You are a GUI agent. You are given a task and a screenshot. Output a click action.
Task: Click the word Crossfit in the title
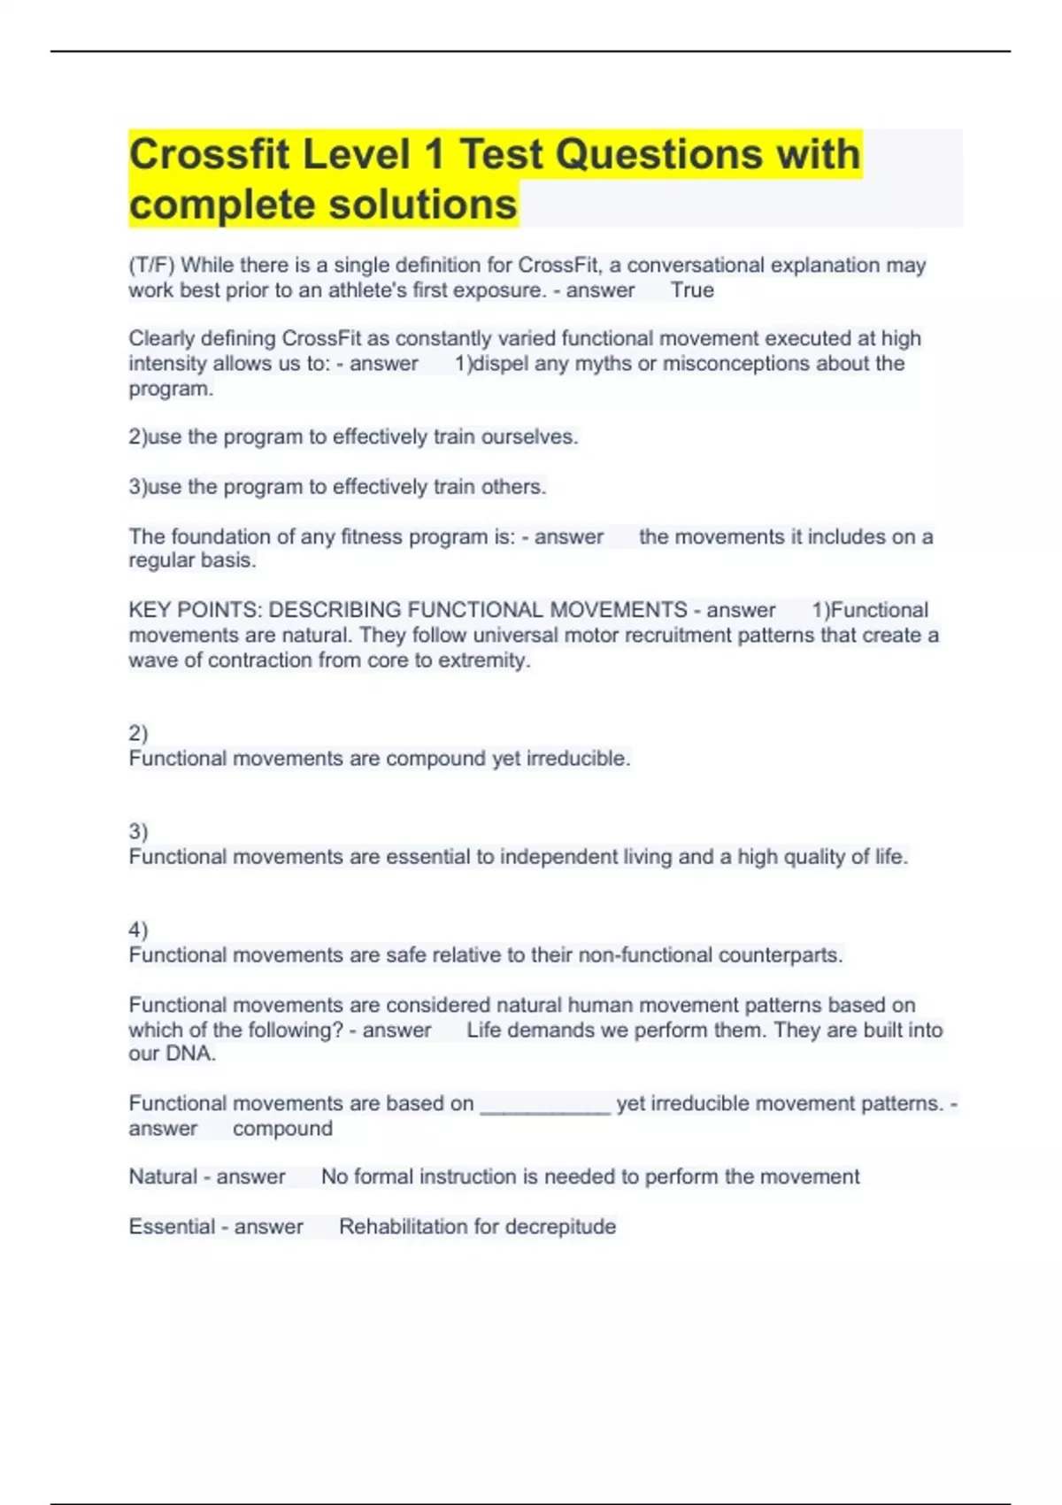[x=209, y=155]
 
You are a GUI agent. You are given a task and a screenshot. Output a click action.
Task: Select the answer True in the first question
[x=692, y=290]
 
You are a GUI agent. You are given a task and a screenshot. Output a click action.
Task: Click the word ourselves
[x=528, y=437]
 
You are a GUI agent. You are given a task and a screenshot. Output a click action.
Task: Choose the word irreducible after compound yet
[x=578, y=759]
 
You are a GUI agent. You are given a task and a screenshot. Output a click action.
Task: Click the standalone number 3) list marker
[x=138, y=831]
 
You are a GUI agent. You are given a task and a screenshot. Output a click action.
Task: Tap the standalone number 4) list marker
[x=138, y=930]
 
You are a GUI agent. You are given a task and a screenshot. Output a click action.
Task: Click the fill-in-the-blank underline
[x=545, y=1110]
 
